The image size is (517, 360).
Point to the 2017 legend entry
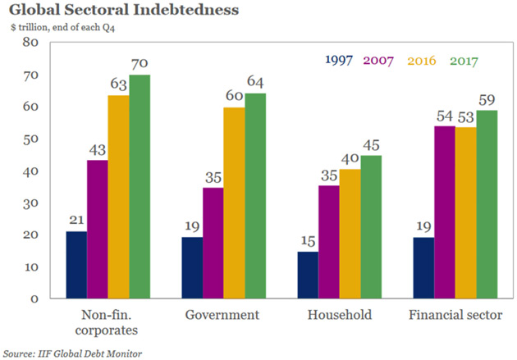coord(464,61)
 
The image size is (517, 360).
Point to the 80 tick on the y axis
coord(30,43)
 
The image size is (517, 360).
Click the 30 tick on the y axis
coord(30,203)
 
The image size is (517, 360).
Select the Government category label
coord(222,315)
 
